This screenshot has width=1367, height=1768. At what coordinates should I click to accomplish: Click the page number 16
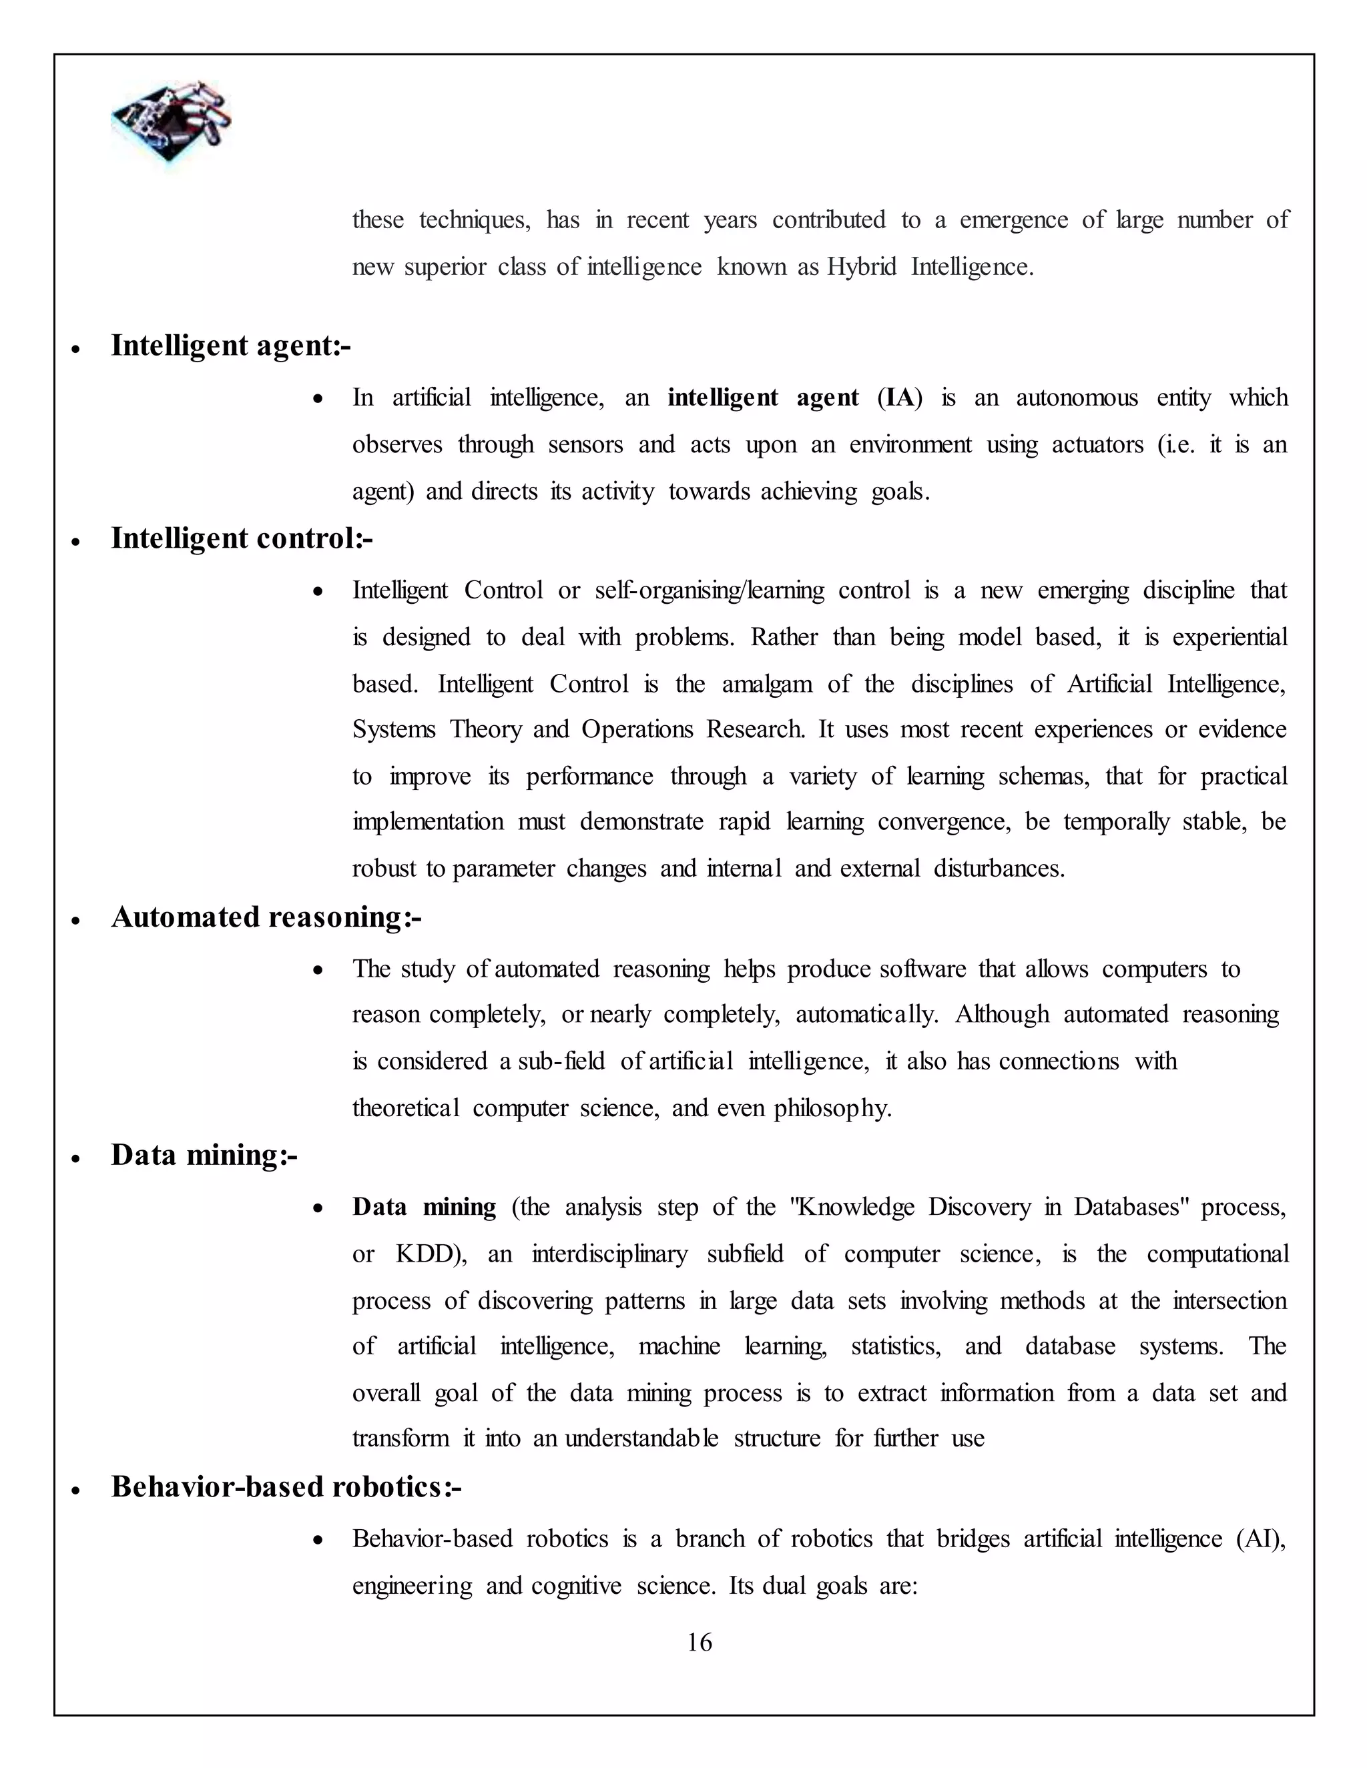point(699,1642)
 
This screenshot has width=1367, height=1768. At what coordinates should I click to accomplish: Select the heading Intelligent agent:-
point(231,346)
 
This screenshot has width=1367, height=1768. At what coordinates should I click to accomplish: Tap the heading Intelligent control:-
point(242,538)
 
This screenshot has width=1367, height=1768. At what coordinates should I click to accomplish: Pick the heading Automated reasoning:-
point(266,917)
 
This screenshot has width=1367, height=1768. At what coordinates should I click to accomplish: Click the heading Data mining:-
point(204,1155)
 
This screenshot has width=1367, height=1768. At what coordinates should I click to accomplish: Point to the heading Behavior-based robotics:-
point(286,1487)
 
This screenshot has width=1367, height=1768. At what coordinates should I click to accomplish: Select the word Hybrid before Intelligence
point(862,267)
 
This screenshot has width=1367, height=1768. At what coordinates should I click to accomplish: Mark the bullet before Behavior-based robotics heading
point(75,1490)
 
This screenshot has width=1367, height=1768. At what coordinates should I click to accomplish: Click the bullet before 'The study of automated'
point(318,970)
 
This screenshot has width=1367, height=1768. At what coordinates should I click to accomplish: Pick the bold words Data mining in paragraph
point(424,1207)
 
